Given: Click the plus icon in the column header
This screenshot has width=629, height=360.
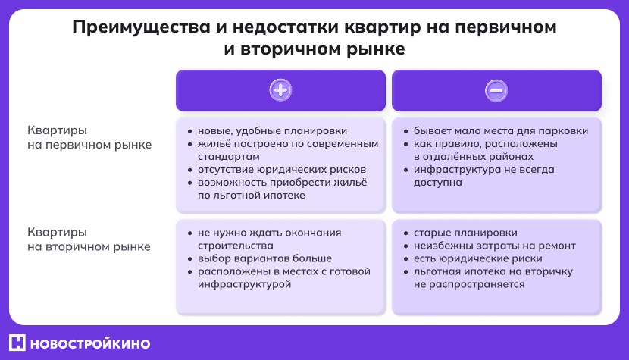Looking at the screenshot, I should (x=280, y=90).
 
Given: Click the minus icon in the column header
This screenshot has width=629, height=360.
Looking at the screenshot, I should (x=496, y=90).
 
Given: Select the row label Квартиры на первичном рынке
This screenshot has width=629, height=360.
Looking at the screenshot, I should (x=89, y=137).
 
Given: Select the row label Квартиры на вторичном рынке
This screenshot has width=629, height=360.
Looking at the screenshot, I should (x=89, y=239).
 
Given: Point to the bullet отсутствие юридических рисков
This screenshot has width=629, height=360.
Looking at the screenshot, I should (x=281, y=169).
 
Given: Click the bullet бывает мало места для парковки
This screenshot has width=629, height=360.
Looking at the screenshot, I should (x=500, y=130).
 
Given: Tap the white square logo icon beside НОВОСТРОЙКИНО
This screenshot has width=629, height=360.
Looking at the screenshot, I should (x=19, y=343).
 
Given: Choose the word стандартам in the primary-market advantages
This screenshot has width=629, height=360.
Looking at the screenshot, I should (x=227, y=156).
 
